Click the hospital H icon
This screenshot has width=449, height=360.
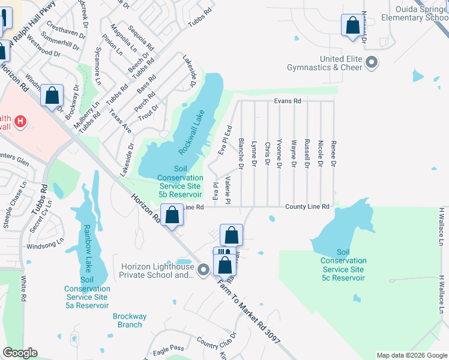[21, 122]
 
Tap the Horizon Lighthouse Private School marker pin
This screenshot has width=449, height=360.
[203, 271]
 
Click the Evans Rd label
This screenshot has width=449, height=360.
[288, 101]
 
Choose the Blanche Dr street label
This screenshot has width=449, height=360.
[240, 154]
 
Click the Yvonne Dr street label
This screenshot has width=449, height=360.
[280, 154]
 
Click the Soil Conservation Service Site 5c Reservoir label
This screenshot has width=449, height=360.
[343, 265]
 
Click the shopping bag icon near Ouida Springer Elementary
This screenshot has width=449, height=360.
[351, 25]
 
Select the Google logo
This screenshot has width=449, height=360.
[20, 353]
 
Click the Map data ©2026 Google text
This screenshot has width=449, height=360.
[411, 355]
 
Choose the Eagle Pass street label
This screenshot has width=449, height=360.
[169, 348]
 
